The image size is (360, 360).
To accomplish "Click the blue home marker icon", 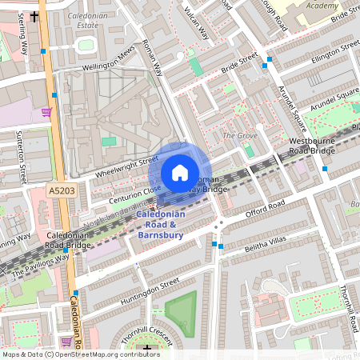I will pyautogui.click(x=180, y=172).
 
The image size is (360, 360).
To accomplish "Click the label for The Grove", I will pyautogui.click(x=240, y=135).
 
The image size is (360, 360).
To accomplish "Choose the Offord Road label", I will pyautogui.click(x=265, y=210).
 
